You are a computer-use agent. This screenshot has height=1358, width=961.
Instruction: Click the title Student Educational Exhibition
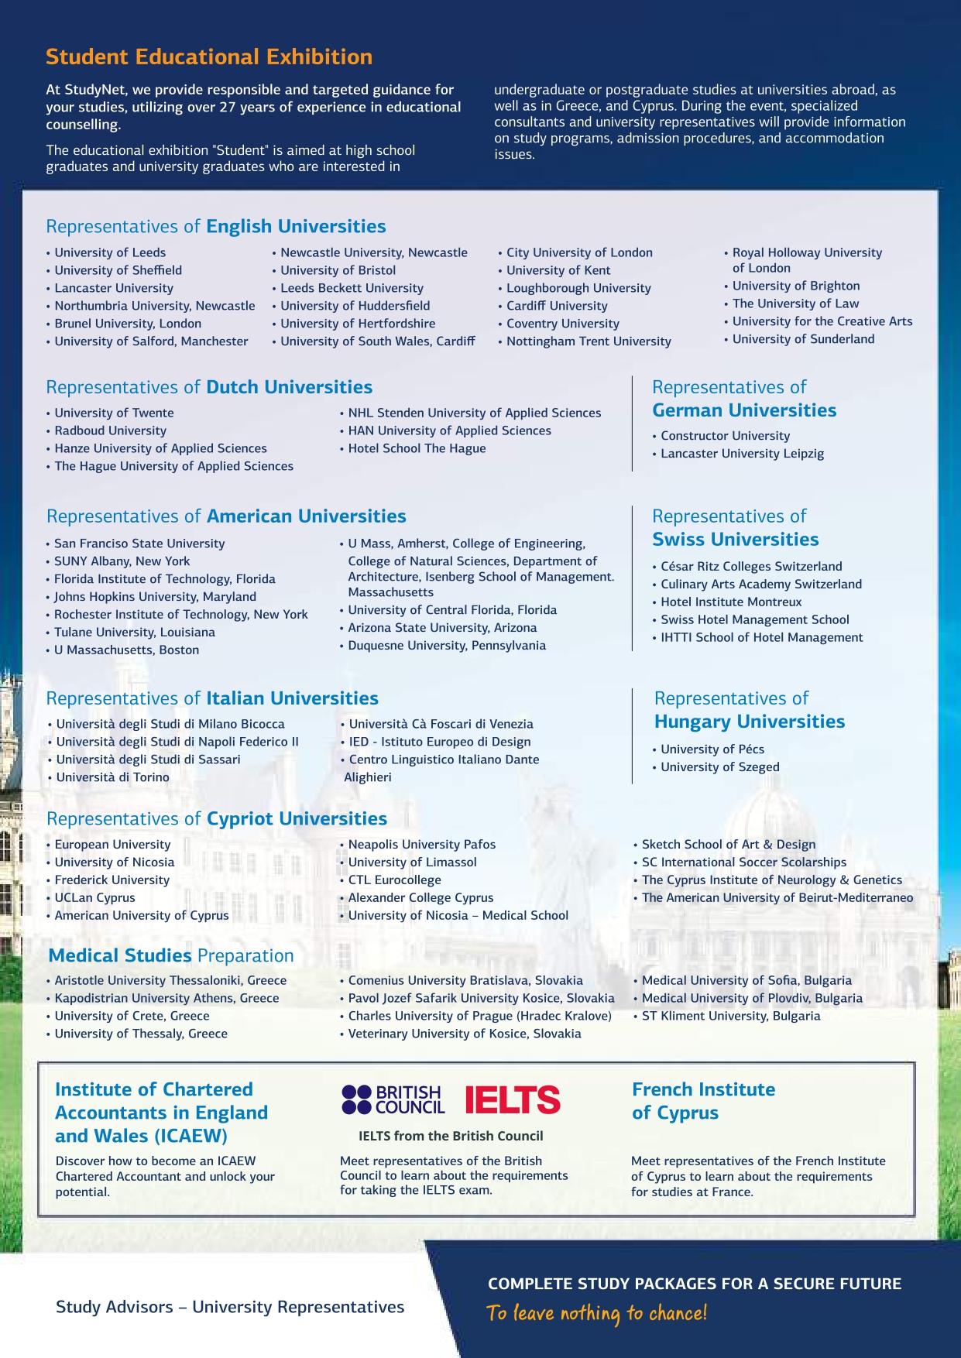[209, 57]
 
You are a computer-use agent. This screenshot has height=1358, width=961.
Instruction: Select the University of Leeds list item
[110, 252]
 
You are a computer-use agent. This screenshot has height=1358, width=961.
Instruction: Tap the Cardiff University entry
[557, 306]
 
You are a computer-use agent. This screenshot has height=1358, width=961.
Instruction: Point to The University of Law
[795, 303]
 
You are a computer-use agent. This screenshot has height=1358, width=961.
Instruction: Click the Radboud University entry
[110, 430]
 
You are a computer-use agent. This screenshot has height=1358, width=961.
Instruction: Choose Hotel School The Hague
[417, 448]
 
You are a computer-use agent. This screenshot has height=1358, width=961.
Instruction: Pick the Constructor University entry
[725, 436]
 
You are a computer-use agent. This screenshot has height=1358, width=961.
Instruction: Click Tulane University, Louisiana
[135, 632]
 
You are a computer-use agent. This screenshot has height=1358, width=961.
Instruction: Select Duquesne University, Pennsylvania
[447, 645]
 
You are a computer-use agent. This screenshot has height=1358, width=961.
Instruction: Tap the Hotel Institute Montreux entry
[731, 602]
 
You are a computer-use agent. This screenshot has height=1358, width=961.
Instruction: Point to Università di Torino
[112, 777]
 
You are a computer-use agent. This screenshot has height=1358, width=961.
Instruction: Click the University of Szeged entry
[720, 766]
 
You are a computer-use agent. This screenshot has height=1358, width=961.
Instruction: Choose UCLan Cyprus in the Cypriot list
[94, 897]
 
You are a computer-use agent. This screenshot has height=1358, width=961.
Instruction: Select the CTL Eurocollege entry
[394, 880]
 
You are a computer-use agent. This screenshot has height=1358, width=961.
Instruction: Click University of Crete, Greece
[132, 1016]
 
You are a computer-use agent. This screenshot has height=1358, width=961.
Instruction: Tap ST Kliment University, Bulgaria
[731, 1016]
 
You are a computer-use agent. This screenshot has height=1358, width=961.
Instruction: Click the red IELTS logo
[513, 1099]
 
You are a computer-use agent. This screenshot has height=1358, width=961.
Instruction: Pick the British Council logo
[393, 1099]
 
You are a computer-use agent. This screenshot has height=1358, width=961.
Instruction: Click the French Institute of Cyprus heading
[703, 1101]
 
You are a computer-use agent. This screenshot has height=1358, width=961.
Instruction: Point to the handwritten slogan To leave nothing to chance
[596, 1313]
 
